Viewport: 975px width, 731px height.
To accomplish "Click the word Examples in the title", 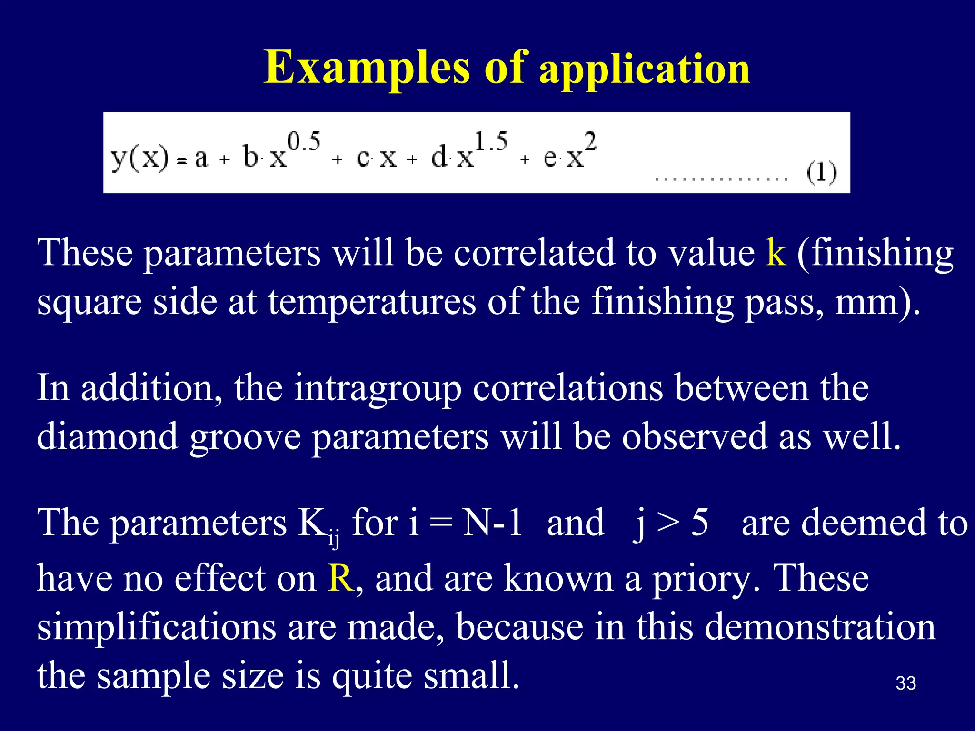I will click(367, 68).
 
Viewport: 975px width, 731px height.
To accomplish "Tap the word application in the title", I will click(645, 69).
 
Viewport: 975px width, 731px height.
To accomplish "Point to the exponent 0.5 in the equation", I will click(303, 142).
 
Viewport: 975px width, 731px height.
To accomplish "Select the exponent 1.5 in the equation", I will click(491, 142).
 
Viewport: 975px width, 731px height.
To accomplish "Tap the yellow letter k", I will click(776, 252).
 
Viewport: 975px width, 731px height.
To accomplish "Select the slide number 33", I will click(905, 683).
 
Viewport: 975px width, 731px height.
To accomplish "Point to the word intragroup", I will click(378, 388).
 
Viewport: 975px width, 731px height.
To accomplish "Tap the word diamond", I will click(108, 436).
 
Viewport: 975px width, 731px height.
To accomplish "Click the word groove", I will click(245, 436).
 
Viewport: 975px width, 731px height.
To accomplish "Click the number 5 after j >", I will click(699, 523).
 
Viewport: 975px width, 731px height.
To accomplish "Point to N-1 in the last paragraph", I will click(493, 523).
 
